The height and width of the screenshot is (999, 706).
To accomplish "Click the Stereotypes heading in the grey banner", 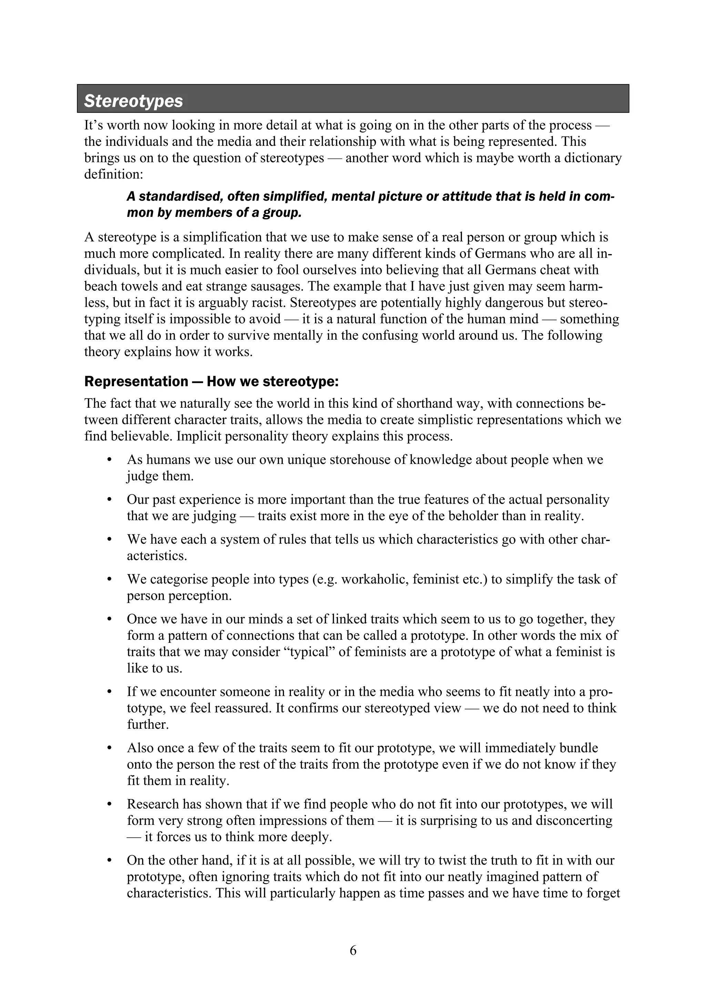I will pyautogui.click(x=133, y=101).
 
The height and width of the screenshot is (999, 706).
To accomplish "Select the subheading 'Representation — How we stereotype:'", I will pyautogui.click(x=211, y=382).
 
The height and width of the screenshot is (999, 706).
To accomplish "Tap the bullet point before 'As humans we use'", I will pyautogui.click(x=110, y=460).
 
